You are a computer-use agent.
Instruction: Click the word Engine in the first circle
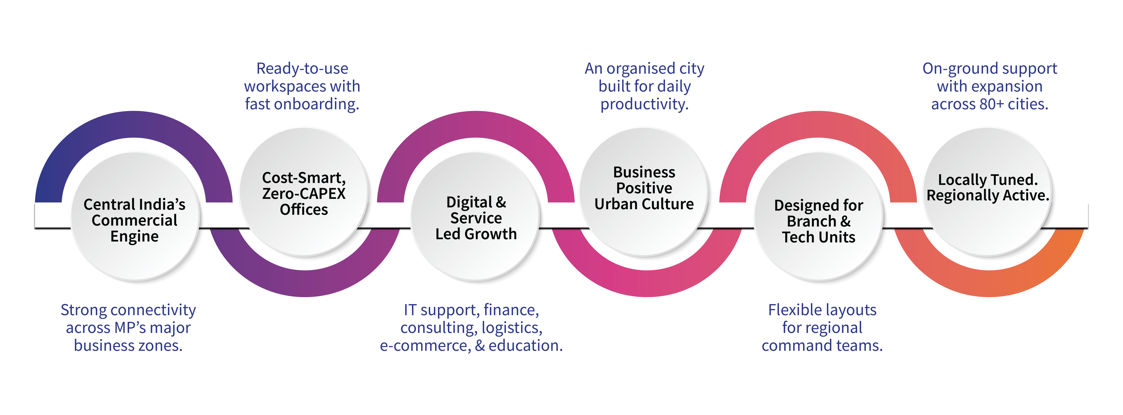(x=134, y=237)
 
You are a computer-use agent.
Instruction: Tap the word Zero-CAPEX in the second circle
(x=304, y=193)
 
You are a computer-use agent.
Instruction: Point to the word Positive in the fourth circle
(x=644, y=188)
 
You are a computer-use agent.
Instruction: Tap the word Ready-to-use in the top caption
(x=302, y=68)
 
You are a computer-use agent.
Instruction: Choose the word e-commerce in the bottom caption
(x=425, y=346)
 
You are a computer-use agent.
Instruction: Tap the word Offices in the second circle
(x=304, y=209)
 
